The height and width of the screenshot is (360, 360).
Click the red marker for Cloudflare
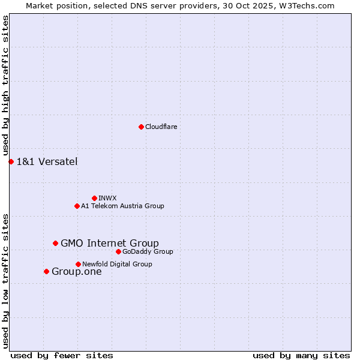pos(141,127)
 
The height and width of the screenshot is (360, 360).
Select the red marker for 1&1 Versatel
pos(11,161)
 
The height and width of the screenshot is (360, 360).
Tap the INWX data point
pos(94,198)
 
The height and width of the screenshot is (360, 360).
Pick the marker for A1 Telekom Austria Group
pos(77,206)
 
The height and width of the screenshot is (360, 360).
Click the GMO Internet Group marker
pos(55,243)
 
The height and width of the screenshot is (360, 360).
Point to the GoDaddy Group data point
pos(118,251)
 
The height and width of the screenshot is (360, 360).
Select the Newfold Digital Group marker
pos(78,264)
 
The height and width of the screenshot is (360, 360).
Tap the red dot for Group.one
pos(46,271)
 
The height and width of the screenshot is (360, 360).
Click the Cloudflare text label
pos(161,127)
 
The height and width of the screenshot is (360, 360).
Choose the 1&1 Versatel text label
pos(47,161)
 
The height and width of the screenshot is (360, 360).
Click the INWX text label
pos(107,198)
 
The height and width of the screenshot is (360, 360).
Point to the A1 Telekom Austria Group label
pos(122,206)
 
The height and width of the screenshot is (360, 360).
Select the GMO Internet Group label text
pos(110,243)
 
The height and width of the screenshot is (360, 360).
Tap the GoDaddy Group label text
pos(148,251)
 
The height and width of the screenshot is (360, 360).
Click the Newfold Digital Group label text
pos(117,264)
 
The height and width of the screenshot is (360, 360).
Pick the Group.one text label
pos(77,271)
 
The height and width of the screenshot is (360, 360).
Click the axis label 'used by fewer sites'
pos(62,355)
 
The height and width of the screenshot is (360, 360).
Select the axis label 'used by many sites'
pos(301,355)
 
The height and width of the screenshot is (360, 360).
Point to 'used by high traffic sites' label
pos(5,86)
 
